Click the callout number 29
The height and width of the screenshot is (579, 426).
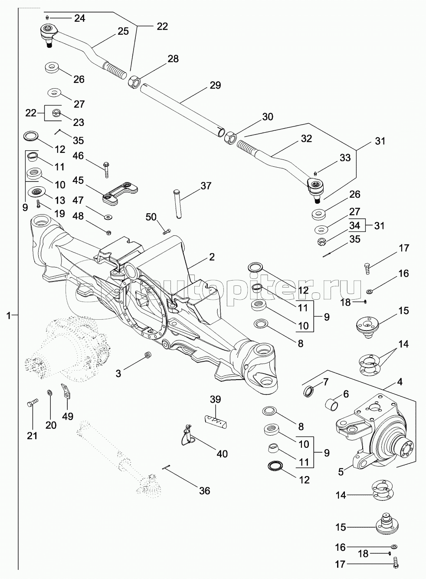[x=215, y=85]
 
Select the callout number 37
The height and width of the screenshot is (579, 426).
[x=206, y=186]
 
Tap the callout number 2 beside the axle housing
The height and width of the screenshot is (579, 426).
[x=212, y=257]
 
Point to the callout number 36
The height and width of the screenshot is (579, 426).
[x=204, y=491]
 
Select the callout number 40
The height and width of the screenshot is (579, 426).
[x=222, y=454]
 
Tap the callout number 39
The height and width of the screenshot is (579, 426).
[x=216, y=399]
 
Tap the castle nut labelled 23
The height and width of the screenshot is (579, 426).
[x=56, y=114]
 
